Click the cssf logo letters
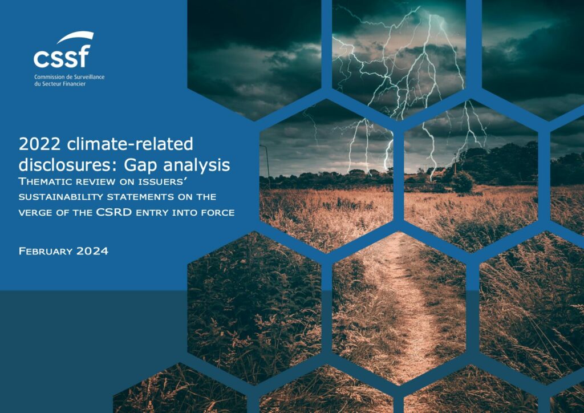(x=62, y=56)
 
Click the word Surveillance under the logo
(x=91, y=77)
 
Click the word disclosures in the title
(x=68, y=165)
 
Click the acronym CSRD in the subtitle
(x=114, y=212)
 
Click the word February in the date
(x=46, y=252)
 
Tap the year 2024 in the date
(x=92, y=252)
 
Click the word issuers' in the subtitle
(x=161, y=182)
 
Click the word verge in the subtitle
(x=33, y=213)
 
